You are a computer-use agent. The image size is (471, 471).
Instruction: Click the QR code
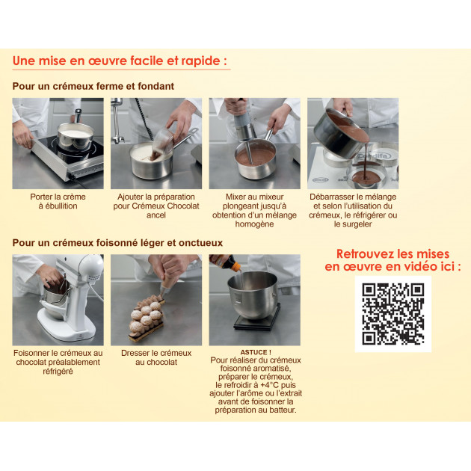point(392,314)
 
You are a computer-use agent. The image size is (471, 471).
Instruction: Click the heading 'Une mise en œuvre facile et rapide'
point(120,61)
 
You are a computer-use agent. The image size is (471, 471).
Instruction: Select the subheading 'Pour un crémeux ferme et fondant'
point(93,86)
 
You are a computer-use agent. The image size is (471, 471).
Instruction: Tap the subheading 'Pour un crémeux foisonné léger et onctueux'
point(117,243)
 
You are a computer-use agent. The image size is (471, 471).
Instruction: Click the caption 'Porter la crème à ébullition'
point(58,201)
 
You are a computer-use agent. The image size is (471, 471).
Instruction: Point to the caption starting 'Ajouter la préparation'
point(156,206)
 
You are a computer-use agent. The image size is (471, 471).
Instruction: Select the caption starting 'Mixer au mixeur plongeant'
point(255,210)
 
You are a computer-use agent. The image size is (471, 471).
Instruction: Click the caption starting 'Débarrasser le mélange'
point(354,210)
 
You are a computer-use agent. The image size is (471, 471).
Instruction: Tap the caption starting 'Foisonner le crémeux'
point(58,362)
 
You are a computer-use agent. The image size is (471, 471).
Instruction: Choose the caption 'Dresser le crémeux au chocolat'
point(156,357)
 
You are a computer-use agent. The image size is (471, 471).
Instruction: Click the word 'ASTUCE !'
point(255,351)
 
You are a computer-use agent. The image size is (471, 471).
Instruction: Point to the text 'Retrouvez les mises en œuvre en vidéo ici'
point(392,260)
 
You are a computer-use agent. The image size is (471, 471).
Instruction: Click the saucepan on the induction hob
point(75,136)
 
